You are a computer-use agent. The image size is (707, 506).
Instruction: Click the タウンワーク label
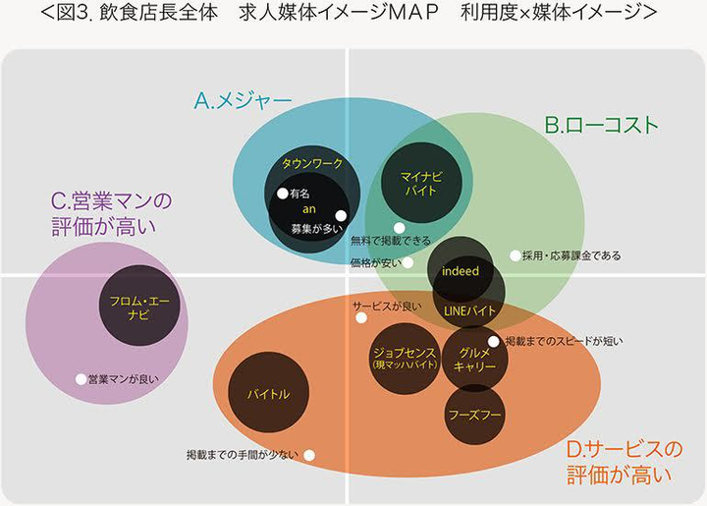tap(310, 163)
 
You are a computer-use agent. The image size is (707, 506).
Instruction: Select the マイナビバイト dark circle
tap(421, 183)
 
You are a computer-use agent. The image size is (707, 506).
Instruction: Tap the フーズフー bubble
tap(474, 415)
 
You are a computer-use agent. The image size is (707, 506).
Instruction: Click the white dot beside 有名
tap(282, 194)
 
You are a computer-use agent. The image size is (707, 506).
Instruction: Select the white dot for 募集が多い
tap(341, 216)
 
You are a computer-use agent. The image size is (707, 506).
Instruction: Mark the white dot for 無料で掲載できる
tap(399, 228)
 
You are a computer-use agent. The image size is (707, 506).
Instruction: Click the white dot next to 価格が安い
tap(408, 262)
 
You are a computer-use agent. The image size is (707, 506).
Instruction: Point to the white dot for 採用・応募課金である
tap(516, 255)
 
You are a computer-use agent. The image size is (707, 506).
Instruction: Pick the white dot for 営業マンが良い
tap(81, 378)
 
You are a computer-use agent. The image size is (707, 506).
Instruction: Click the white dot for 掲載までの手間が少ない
tap(309, 455)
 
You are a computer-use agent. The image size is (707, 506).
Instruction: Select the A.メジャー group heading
tap(244, 100)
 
